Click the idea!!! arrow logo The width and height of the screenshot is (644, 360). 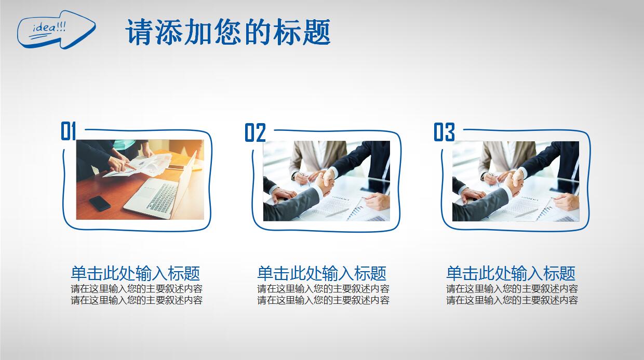click(56, 30)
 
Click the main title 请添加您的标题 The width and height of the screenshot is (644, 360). click(227, 32)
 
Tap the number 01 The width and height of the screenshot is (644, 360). click(69, 131)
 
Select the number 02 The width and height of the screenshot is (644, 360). click(255, 132)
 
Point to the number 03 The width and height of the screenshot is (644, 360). click(444, 132)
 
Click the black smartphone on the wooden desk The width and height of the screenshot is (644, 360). click(100, 204)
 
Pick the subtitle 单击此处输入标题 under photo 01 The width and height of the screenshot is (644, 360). click(136, 273)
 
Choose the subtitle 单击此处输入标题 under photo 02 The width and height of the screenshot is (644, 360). click(321, 273)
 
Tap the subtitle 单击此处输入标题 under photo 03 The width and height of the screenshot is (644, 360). click(511, 273)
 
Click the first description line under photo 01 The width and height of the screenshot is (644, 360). click(137, 289)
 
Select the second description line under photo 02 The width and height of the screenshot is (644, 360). click(323, 300)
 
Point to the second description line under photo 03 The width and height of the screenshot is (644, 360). click(512, 300)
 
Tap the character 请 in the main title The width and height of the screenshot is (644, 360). click(139, 32)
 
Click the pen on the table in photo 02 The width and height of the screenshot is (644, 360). click(337, 213)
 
